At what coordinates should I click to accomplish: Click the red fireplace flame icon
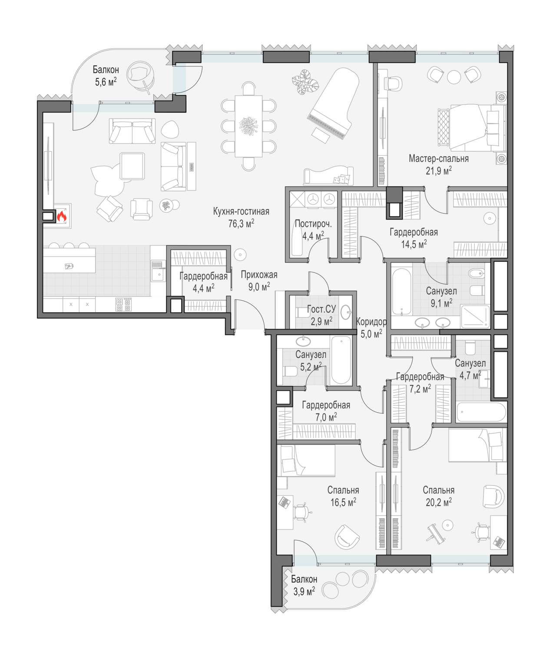[62, 216]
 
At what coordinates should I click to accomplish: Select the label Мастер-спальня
[438, 159]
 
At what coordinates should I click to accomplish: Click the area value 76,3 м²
[241, 223]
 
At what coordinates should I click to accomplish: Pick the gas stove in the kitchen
[123, 304]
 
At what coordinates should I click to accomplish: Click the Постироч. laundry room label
[313, 223]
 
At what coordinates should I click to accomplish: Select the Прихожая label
[259, 275]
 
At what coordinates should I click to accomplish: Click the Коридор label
[371, 321]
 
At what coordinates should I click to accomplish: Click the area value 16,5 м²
[343, 502]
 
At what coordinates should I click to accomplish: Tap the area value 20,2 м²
[438, 502]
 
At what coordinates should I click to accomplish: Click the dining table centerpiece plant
[248, 126]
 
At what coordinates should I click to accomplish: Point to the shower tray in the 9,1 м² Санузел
[475, 316]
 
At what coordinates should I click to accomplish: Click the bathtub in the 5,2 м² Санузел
[341, 360]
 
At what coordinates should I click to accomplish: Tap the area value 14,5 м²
[414, 244]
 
